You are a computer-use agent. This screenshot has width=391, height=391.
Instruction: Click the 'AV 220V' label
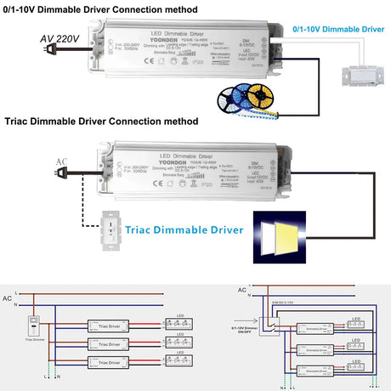pyautogui.click(x=58, y=38)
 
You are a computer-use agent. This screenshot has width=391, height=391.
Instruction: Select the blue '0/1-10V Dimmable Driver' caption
pyautogui.click(x=332, y=27)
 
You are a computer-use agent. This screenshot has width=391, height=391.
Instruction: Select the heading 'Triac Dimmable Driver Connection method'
pyautogui.click(x=101, y=122)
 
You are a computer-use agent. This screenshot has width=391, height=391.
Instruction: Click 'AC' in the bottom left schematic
pyautogui.click(x=7, y=298)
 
